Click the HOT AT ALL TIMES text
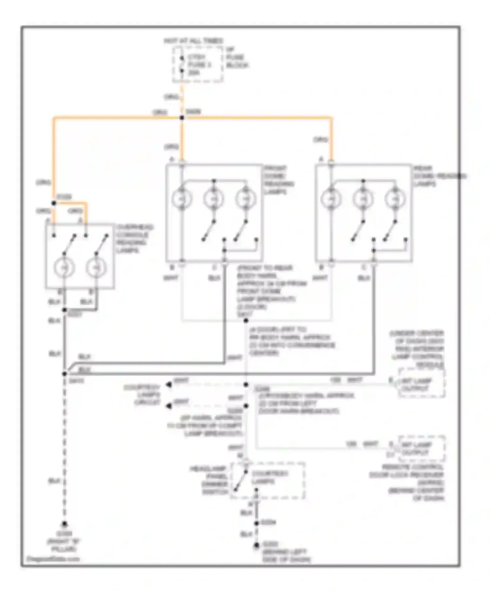[193, 41]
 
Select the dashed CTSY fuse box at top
[197, 64]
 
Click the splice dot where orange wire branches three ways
[182, 118]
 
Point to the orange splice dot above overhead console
[54, 203]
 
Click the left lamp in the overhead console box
[64, 268]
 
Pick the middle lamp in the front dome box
[214, 199]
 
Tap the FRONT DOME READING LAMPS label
[278, 180]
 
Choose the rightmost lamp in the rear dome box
[395, 199]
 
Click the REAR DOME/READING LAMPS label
[439, 176]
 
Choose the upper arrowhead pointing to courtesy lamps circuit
[169, 385]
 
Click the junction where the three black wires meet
[65, 373]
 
